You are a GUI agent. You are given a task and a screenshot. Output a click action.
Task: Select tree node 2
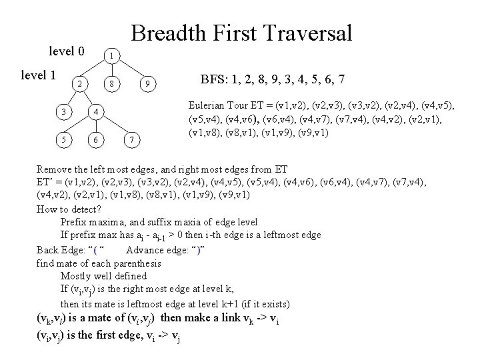point(79,84)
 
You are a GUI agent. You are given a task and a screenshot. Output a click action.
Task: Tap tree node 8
point(113,84)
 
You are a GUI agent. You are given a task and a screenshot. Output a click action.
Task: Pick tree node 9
point(150,84)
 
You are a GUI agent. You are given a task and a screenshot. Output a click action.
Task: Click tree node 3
point(61,111)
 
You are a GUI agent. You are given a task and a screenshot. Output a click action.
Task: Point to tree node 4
point(97,111)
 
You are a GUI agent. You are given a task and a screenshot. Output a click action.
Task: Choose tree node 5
point(61,139)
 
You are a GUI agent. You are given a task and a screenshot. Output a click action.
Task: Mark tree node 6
point(97,139)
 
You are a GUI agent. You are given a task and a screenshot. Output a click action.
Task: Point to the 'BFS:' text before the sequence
point(213,79)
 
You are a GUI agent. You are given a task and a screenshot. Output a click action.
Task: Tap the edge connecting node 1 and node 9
point(132,69)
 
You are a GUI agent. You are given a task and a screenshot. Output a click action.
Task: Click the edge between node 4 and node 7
point(115,125)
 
